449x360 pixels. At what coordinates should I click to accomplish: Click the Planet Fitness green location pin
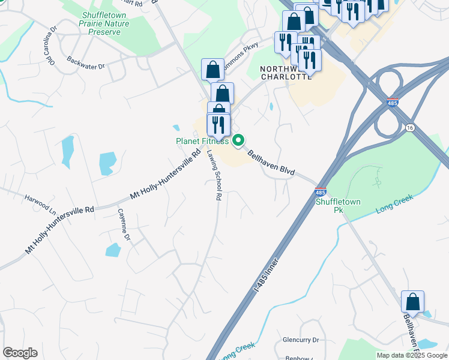[238, 140]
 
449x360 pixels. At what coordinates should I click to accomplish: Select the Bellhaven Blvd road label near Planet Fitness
[271, 163]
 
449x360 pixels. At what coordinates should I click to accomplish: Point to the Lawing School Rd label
[215, 174]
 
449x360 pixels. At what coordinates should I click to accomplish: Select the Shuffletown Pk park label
[338, 206]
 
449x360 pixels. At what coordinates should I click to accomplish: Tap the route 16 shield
[410, 127]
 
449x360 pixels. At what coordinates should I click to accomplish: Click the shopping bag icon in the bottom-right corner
[412, 302]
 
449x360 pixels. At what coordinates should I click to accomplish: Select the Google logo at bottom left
[20, 353]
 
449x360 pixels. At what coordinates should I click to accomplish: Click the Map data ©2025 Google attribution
[412, 355]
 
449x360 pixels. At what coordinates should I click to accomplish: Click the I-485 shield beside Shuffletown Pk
[321, 193]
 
